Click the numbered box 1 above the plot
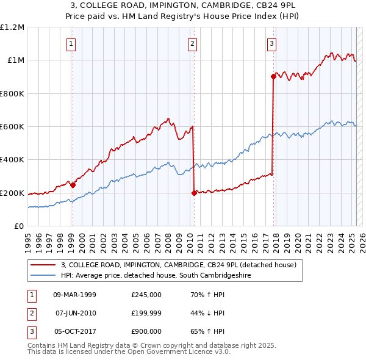71,43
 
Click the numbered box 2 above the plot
192,43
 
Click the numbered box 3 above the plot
271,43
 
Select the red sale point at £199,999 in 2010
194,193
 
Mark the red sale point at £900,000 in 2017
273,76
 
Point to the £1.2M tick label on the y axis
12,27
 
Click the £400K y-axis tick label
12,160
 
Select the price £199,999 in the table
146,313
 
